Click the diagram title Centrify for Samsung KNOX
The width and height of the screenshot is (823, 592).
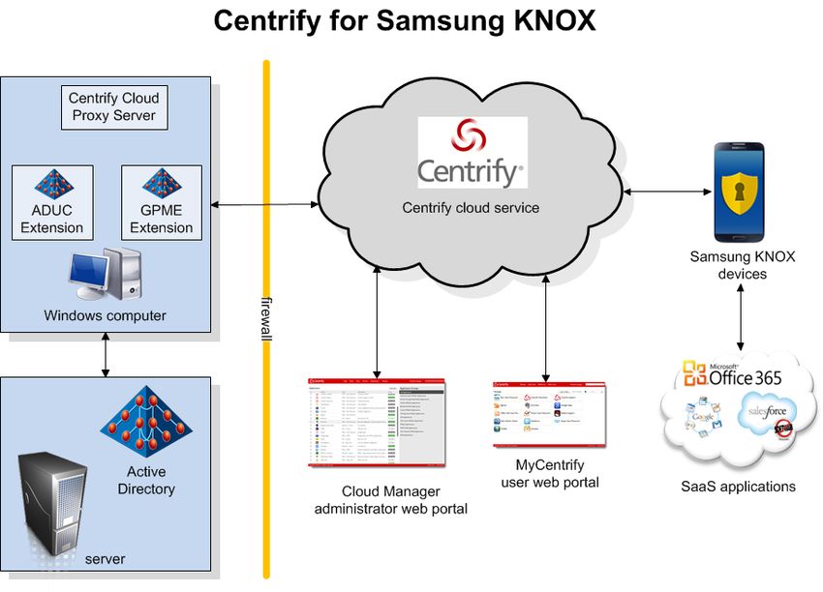405,20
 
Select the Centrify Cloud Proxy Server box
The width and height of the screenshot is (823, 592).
114,107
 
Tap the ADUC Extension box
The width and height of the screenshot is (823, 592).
52,202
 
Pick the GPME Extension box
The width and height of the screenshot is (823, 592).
161,202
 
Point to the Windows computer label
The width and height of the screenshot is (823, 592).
105,316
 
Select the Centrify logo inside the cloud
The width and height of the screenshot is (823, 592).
472,153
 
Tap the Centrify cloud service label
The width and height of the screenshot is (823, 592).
471,208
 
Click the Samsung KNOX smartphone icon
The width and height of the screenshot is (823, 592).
739,192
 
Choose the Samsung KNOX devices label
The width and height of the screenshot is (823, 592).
742,265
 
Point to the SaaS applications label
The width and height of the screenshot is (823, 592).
738,487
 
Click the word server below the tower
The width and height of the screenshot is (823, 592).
105,559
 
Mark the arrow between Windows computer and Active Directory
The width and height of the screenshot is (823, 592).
105,356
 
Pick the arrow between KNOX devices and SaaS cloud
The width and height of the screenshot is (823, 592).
742,317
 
